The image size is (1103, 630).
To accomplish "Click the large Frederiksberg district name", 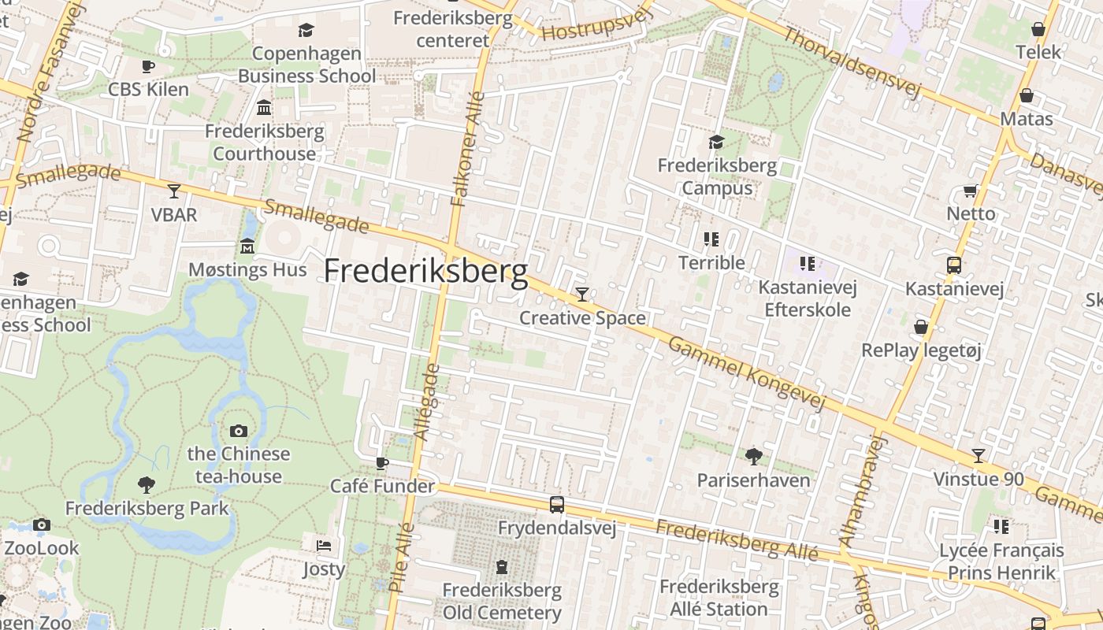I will coord(425,271).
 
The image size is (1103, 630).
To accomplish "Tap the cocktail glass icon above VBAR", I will coord(174,191).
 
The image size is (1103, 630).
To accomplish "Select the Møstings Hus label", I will coord(247,270).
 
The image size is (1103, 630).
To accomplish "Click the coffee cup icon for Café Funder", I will coord(382,463).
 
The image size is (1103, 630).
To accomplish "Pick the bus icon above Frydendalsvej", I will coord(557,505).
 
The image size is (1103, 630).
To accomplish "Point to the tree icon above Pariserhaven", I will coord(754,456).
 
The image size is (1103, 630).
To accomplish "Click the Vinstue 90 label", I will coord(979,479).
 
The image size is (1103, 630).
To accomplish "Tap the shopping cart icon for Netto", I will coord(971,191).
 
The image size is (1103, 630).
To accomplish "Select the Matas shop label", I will coord(1027,119).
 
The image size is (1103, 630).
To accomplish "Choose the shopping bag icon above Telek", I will coord(1038,30).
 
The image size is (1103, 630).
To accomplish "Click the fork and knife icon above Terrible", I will coord(711,239).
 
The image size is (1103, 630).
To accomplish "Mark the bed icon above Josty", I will coord(324,545).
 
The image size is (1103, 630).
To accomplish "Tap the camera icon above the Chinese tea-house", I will coord(239,431).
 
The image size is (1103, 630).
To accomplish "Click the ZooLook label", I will coord(42,548).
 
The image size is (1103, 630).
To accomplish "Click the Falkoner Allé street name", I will coord(469,150).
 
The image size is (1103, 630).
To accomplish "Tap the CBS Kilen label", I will coord(149,89).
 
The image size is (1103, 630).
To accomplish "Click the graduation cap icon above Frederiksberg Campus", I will coord(716,142).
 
